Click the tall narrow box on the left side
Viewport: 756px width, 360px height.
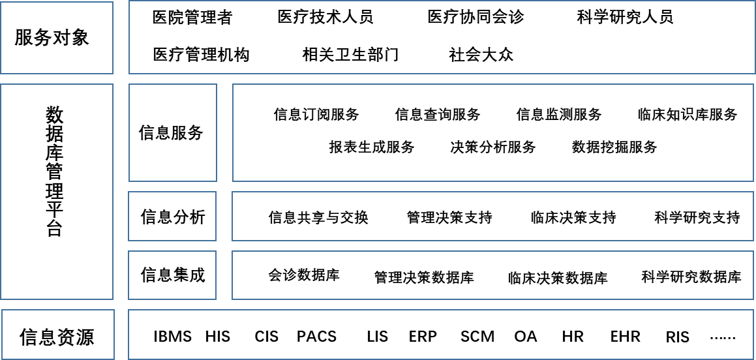[57, 192]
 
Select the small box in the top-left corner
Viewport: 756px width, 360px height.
[57, 38]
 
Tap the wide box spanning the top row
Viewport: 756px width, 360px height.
[442, 37]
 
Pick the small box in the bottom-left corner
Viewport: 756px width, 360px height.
[58, 335]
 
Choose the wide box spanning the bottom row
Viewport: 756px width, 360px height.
[441, 335]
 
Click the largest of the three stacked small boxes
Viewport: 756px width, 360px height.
[173, 132]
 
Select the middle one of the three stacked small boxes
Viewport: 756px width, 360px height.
[172, 216]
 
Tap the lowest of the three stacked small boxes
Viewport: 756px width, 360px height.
[172, 275]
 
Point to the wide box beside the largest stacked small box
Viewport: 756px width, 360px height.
[493, 132]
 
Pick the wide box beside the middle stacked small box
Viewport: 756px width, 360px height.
[492, 216]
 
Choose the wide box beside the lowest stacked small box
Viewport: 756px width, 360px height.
[492, 275]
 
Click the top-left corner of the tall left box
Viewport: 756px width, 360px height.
[1, 84]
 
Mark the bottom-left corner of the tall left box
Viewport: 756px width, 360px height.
[1, 299]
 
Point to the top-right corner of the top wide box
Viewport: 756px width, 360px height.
[755, 1]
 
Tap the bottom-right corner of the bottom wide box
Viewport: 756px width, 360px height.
[753, 359]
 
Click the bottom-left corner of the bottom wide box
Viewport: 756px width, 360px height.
[129, 359]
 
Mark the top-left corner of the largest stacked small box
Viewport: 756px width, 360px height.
[129, 84]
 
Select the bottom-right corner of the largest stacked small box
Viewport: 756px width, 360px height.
[217, 181]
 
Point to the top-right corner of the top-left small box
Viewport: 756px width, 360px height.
[113, 2]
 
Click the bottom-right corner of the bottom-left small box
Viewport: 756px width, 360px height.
[114, 359]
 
